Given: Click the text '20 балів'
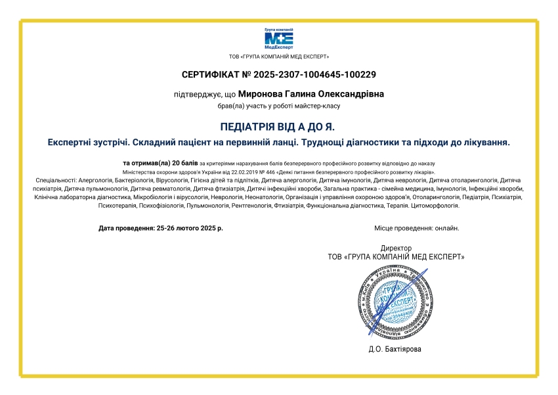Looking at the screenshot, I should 184,162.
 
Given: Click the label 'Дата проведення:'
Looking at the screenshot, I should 127,228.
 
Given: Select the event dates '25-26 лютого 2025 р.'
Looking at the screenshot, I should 190,228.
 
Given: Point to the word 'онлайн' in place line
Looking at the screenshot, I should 446,228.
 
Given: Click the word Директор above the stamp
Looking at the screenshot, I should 396,248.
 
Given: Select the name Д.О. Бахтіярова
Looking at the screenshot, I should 395,349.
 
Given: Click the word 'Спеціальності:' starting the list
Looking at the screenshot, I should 55,179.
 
